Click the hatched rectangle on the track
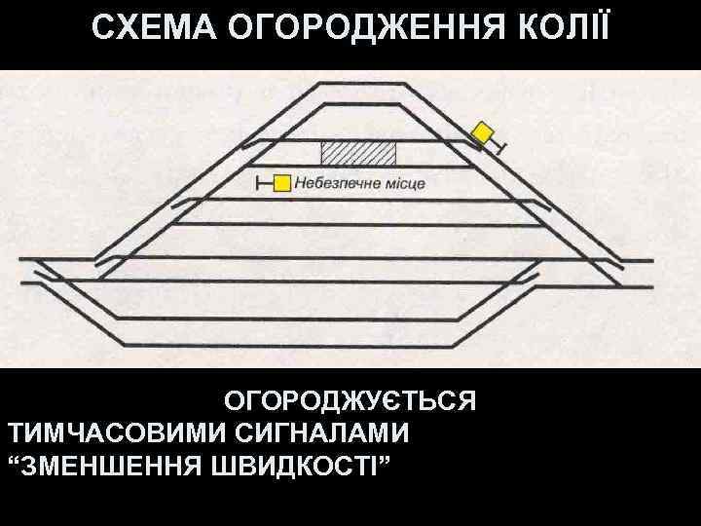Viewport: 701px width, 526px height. pyautogui.click(x=359, y=153)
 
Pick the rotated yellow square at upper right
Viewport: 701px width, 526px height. pyautogui.click(x=483, y=132)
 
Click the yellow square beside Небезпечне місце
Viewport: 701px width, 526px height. pyautogui.click(x=281, y=182)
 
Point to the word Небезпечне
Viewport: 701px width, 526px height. pyautogui.click(x=334, y=183)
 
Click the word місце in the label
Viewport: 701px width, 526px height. pyautogui.click(x=401, y=183)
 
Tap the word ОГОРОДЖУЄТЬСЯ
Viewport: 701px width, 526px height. pyautogui.click(x=350, y=401)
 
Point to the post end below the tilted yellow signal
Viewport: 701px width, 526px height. pyautogui.click(x=501, y=149)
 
